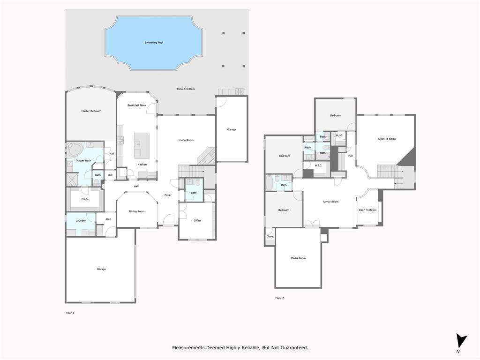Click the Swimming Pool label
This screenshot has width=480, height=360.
point(154,43)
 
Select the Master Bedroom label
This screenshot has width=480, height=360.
point(91,111)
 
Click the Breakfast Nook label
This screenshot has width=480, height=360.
point(137,105)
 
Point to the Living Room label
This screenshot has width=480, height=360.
point(186,140)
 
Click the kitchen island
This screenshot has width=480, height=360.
point(142,145)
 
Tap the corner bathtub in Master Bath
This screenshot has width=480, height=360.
point(75,150)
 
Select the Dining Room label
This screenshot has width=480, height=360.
point(137,211)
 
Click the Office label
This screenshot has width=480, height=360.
point(197,220)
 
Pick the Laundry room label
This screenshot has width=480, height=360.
point(81,220)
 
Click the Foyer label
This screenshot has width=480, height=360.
point(168,195)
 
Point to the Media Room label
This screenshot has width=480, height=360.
point(298,258)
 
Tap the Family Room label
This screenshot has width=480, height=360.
point(330,202)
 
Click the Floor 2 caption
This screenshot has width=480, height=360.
point(279,298)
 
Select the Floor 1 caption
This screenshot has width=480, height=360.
point(70,313)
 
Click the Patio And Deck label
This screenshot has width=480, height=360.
point(186,89)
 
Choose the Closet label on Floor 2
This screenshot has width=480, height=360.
point(270,236)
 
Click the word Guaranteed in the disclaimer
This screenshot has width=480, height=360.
point(293,348)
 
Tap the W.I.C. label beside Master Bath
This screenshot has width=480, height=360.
point(85,199)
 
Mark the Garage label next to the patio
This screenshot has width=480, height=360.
point(232,129)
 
